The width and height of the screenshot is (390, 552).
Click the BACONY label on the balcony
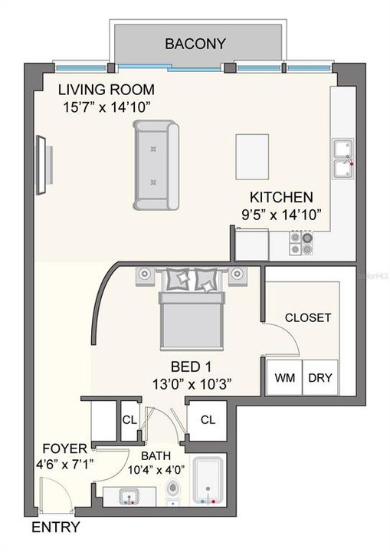[x=195, y=44]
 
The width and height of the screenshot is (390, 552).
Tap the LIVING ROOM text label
[x=107, y=89]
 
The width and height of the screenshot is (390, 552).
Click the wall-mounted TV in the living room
[x=45, y=162]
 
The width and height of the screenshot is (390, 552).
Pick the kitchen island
[x=251, y=156]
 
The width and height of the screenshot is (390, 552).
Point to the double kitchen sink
[x=342, y=157]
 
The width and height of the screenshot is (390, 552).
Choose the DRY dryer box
[x=320, y=378]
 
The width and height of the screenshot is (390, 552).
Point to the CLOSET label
[x=307, y=317]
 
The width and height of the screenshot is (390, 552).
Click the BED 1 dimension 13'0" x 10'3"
[x=192, y=381]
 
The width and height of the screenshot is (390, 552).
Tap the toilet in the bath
[x=173, y=492]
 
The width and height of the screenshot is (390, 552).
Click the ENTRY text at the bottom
[x=54, y=527]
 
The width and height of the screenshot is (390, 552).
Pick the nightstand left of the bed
[x=145, y=274]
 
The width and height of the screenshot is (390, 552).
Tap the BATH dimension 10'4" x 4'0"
[x=149, y=470]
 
